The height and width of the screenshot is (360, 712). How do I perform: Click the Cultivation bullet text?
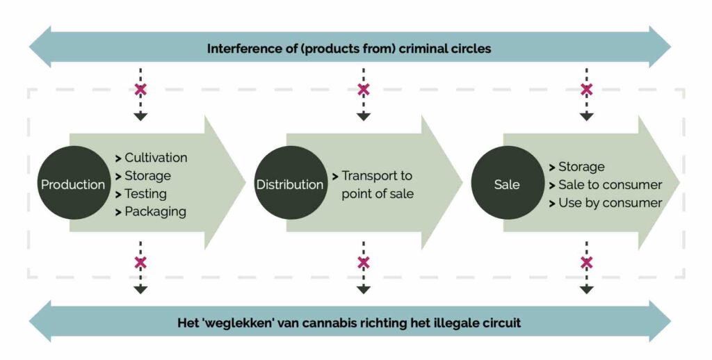[x=156, y=158]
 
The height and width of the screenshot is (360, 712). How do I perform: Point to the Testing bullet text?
[x=145, y=194]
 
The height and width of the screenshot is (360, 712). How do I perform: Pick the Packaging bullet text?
[x=155, y=212]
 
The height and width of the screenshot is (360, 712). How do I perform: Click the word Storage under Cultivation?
[x=147, y=176]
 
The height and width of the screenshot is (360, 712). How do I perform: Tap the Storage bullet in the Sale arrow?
[x=581, y=167]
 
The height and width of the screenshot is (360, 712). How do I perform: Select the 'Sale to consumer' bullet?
[x=610, y=185]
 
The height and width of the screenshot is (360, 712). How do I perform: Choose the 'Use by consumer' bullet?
[x=610, y=203]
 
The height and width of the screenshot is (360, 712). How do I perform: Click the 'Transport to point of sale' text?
[x=378, y=185]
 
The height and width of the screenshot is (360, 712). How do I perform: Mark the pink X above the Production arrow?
[x=140, y=90]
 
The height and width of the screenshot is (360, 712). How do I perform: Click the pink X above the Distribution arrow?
[x=363, y=90]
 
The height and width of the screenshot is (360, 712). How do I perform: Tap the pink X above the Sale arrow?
[x=587, y=90]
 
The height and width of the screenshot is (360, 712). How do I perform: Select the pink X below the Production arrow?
[x=140, y=263]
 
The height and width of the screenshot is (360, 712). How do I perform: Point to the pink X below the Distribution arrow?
[x=363, y=263]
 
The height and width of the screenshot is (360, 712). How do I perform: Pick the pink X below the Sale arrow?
[x=587, y=263]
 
